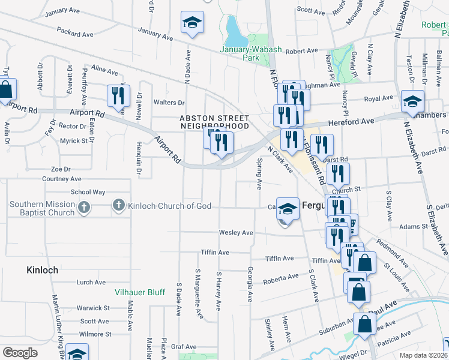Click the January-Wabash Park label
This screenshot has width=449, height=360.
tap(240, 53)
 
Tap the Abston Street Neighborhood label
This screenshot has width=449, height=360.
tap(214, 122)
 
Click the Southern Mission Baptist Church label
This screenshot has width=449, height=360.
tap(42, 208)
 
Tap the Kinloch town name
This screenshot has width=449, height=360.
tap(42, 270)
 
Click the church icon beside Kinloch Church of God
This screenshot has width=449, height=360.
tap(118, 206)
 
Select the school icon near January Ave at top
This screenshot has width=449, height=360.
tap(192, 23)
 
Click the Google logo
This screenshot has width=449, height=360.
tap(20, 352)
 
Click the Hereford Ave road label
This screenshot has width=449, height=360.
tap(351, 121)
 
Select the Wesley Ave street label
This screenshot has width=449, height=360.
tap(236, 232)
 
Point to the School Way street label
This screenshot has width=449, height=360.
tap(88, 192)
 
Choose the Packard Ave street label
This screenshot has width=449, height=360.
tap(74, 29)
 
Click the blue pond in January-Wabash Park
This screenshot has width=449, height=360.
tap(231, 27)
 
